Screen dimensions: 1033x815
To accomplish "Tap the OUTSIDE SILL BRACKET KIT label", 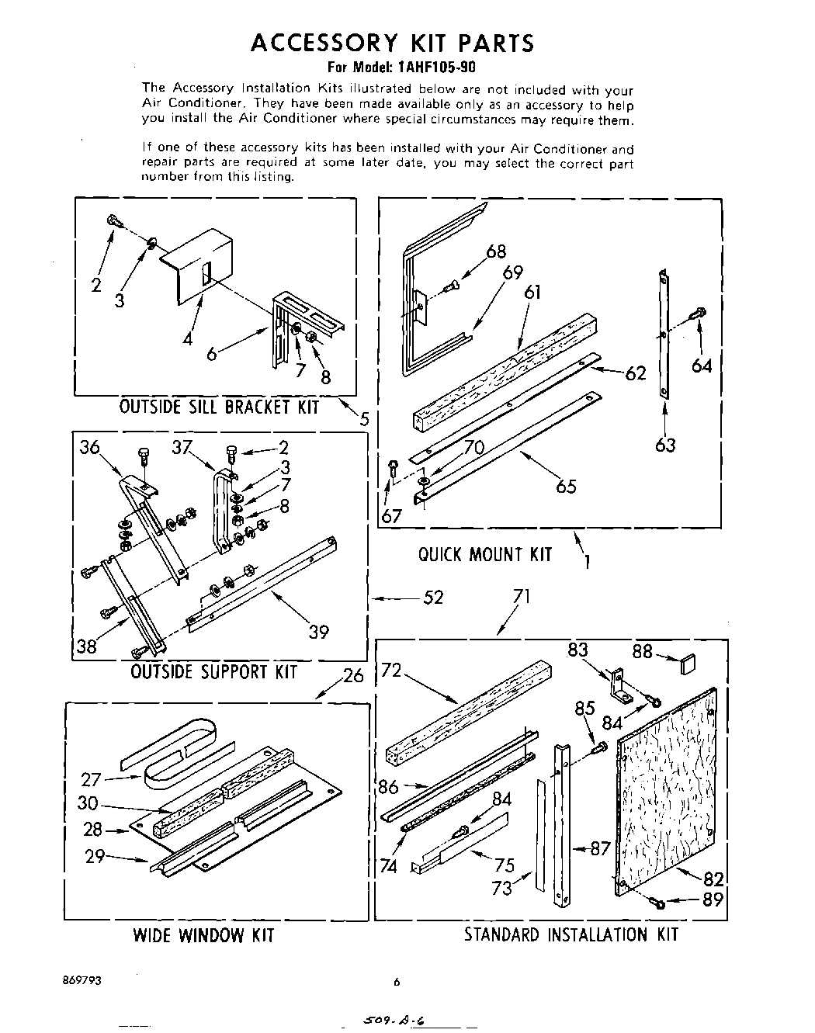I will (x=219, y=407).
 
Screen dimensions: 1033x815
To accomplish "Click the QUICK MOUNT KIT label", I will (x=484, y=554).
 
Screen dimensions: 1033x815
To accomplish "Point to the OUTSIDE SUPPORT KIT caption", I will (x=213, y=671).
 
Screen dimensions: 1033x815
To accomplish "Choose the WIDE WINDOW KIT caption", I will (x=203, y=934).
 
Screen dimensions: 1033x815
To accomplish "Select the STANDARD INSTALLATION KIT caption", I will (x=570, y=934).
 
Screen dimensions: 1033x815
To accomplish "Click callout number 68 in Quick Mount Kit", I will (x=496, y=251).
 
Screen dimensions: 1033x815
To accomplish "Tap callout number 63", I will (x=665, y=445).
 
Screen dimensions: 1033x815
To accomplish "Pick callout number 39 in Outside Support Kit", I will (x=319, y=633).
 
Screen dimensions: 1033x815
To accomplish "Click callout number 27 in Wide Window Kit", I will (x=92, y=780).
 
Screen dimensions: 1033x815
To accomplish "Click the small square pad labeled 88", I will (x=688, y=664).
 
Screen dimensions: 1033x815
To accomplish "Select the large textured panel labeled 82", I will (x=666, y=792).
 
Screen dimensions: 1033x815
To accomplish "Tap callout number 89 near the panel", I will (x=713, y=900).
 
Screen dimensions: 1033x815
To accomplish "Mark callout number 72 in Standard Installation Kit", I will (x=391, y=670).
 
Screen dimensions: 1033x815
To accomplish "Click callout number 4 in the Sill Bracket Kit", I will (x=187, y=338).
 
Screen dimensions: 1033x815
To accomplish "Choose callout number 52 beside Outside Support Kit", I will (x=433, y=598).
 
